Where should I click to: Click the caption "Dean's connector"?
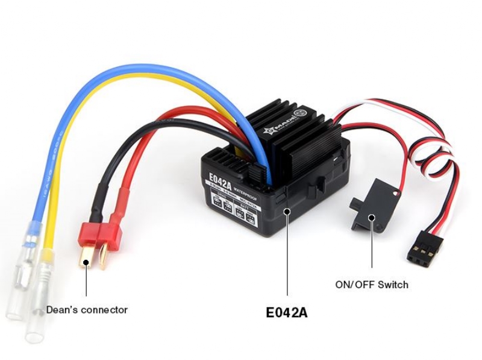[87, 310]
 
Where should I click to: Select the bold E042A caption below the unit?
[287, 313]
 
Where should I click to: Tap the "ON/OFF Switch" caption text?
[371, 284]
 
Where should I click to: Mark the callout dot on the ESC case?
[287, 211]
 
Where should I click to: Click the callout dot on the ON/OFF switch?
[371, 218]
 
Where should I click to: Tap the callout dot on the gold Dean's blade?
[87, 262]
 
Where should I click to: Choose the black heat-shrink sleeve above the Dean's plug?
[96, 199]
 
